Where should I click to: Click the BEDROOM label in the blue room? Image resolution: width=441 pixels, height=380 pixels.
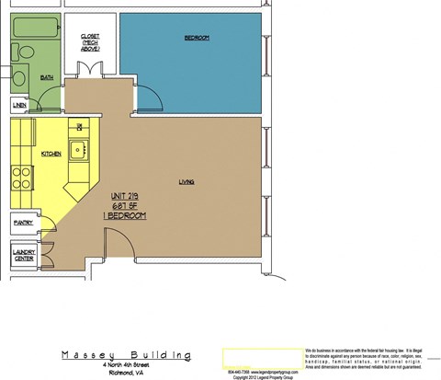(x=197, y=38)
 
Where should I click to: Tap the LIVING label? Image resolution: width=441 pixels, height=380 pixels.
(x=187, y=182)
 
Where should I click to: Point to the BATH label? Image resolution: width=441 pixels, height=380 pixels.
(x=47, y=77)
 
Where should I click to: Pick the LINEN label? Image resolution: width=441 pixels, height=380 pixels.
(x=19, y=106)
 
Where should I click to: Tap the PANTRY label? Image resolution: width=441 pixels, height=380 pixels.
(x=22, y=223)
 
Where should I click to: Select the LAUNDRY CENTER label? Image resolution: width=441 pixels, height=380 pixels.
(x=23, y=255)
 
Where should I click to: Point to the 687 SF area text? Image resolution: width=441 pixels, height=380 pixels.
(x=126, y=205)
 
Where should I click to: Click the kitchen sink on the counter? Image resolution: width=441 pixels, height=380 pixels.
(x=81, y=150)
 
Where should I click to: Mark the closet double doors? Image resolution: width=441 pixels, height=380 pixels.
(x=90, y=71)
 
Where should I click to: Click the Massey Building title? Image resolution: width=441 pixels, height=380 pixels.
(x=125, y=354)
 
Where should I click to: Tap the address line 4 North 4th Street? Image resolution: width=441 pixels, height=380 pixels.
(x=125, y=366)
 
